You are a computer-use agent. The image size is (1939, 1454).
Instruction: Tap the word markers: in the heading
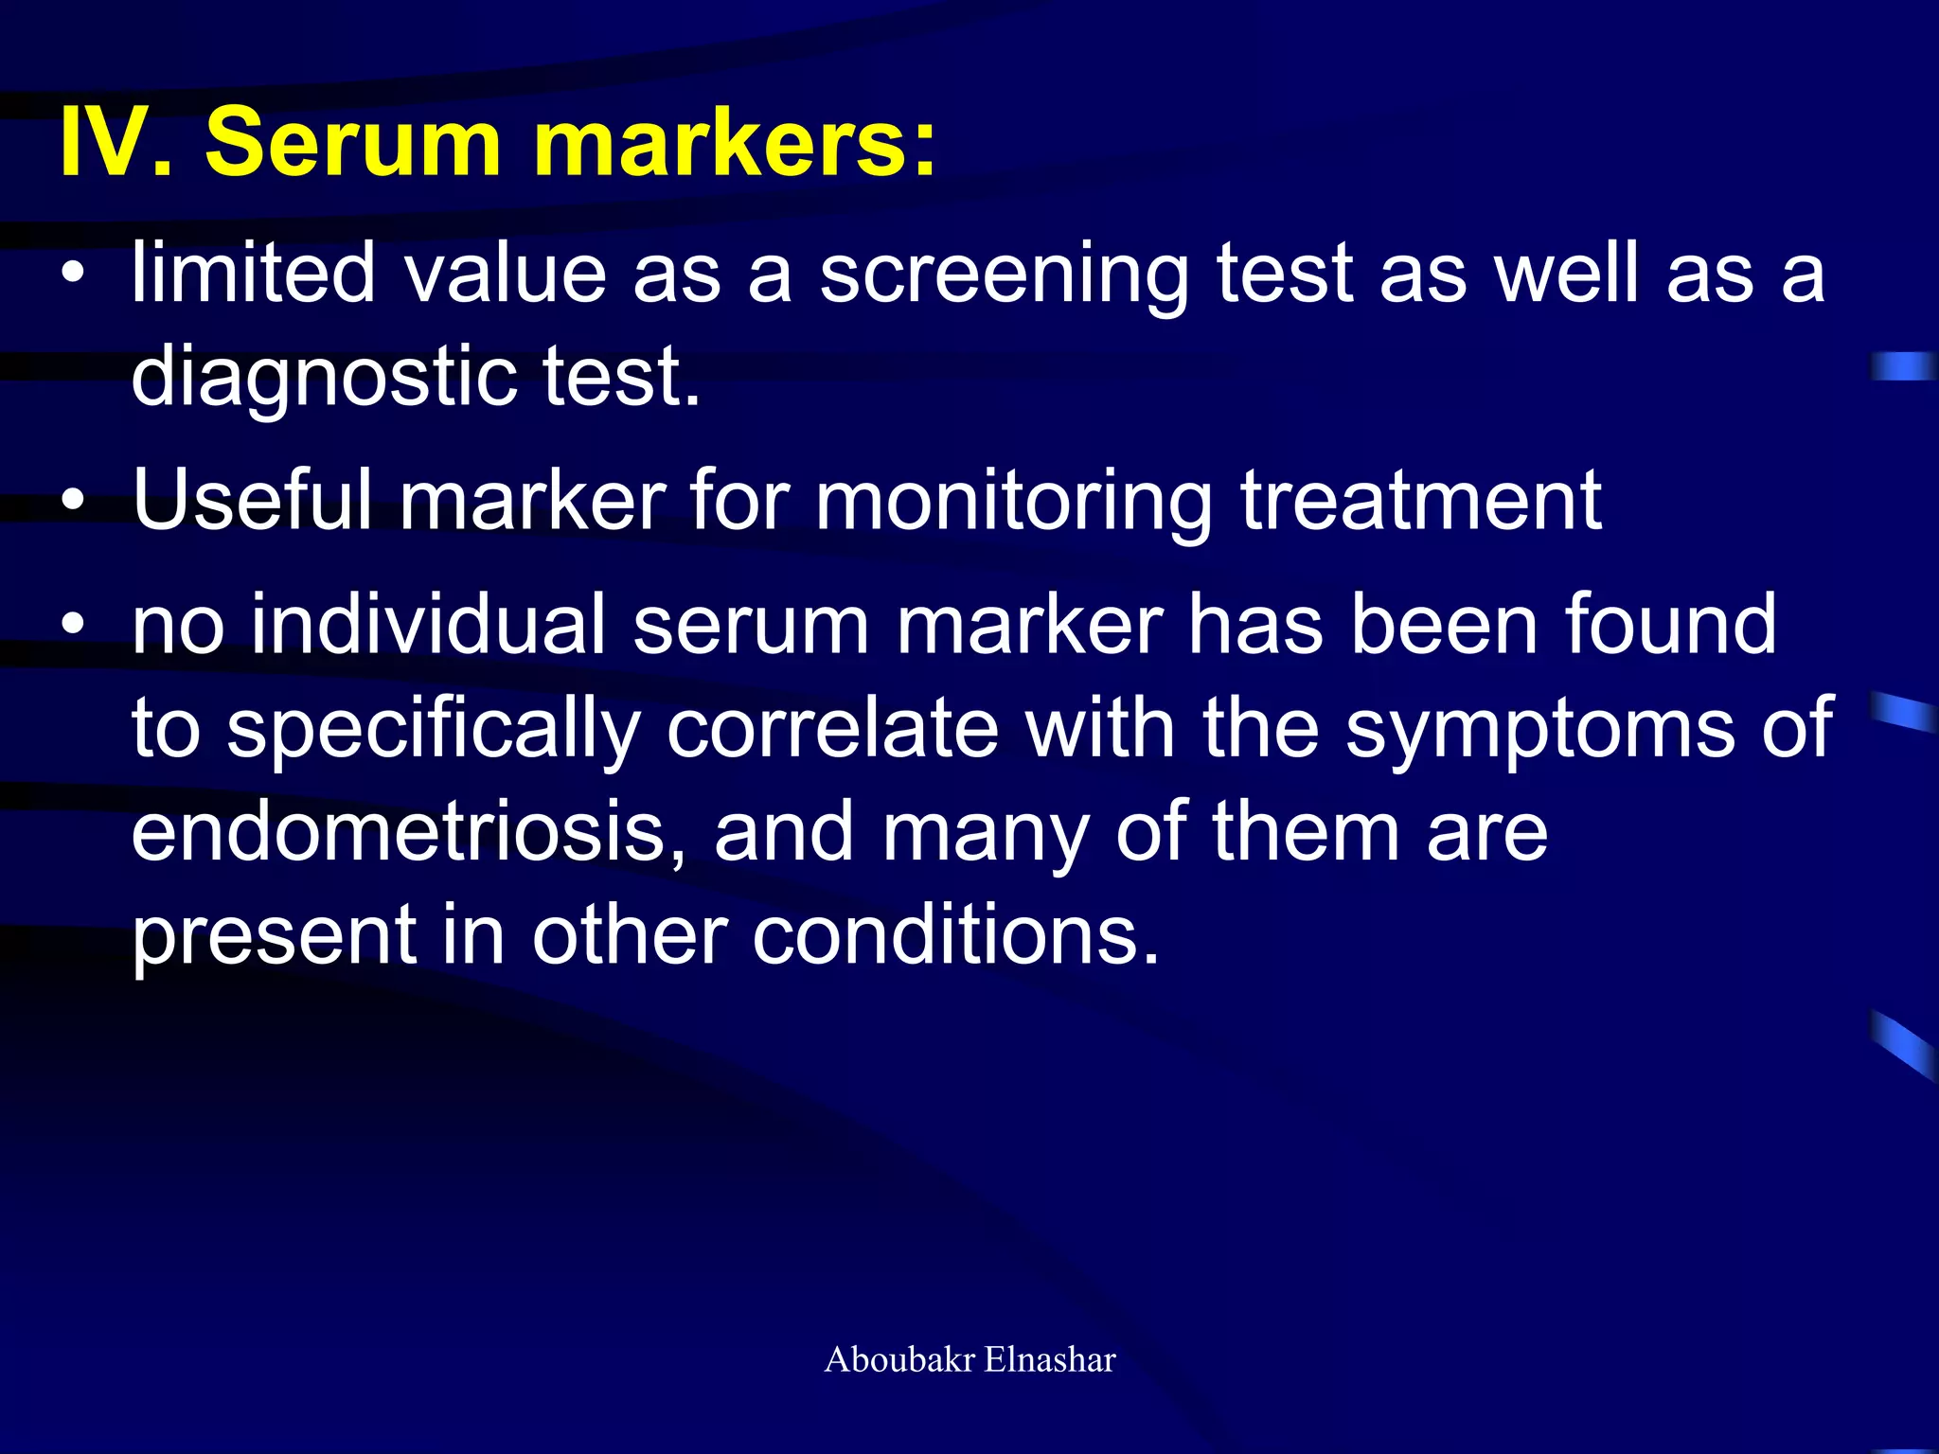pos(735,142)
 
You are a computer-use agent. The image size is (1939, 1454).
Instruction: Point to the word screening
pos(1004,275)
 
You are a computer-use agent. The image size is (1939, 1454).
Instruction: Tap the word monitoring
pos(1014,503)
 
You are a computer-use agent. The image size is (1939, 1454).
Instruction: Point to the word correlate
pos(833,728)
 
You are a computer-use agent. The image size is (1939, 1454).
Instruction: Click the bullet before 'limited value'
pos(74,275)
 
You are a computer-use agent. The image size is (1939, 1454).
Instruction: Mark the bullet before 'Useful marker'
pos(74,501)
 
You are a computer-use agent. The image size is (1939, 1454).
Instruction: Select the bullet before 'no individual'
pos(74,625)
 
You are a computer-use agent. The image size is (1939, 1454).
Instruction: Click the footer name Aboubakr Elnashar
pos(969,1359)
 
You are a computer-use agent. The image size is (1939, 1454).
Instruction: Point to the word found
pos(1670,624)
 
